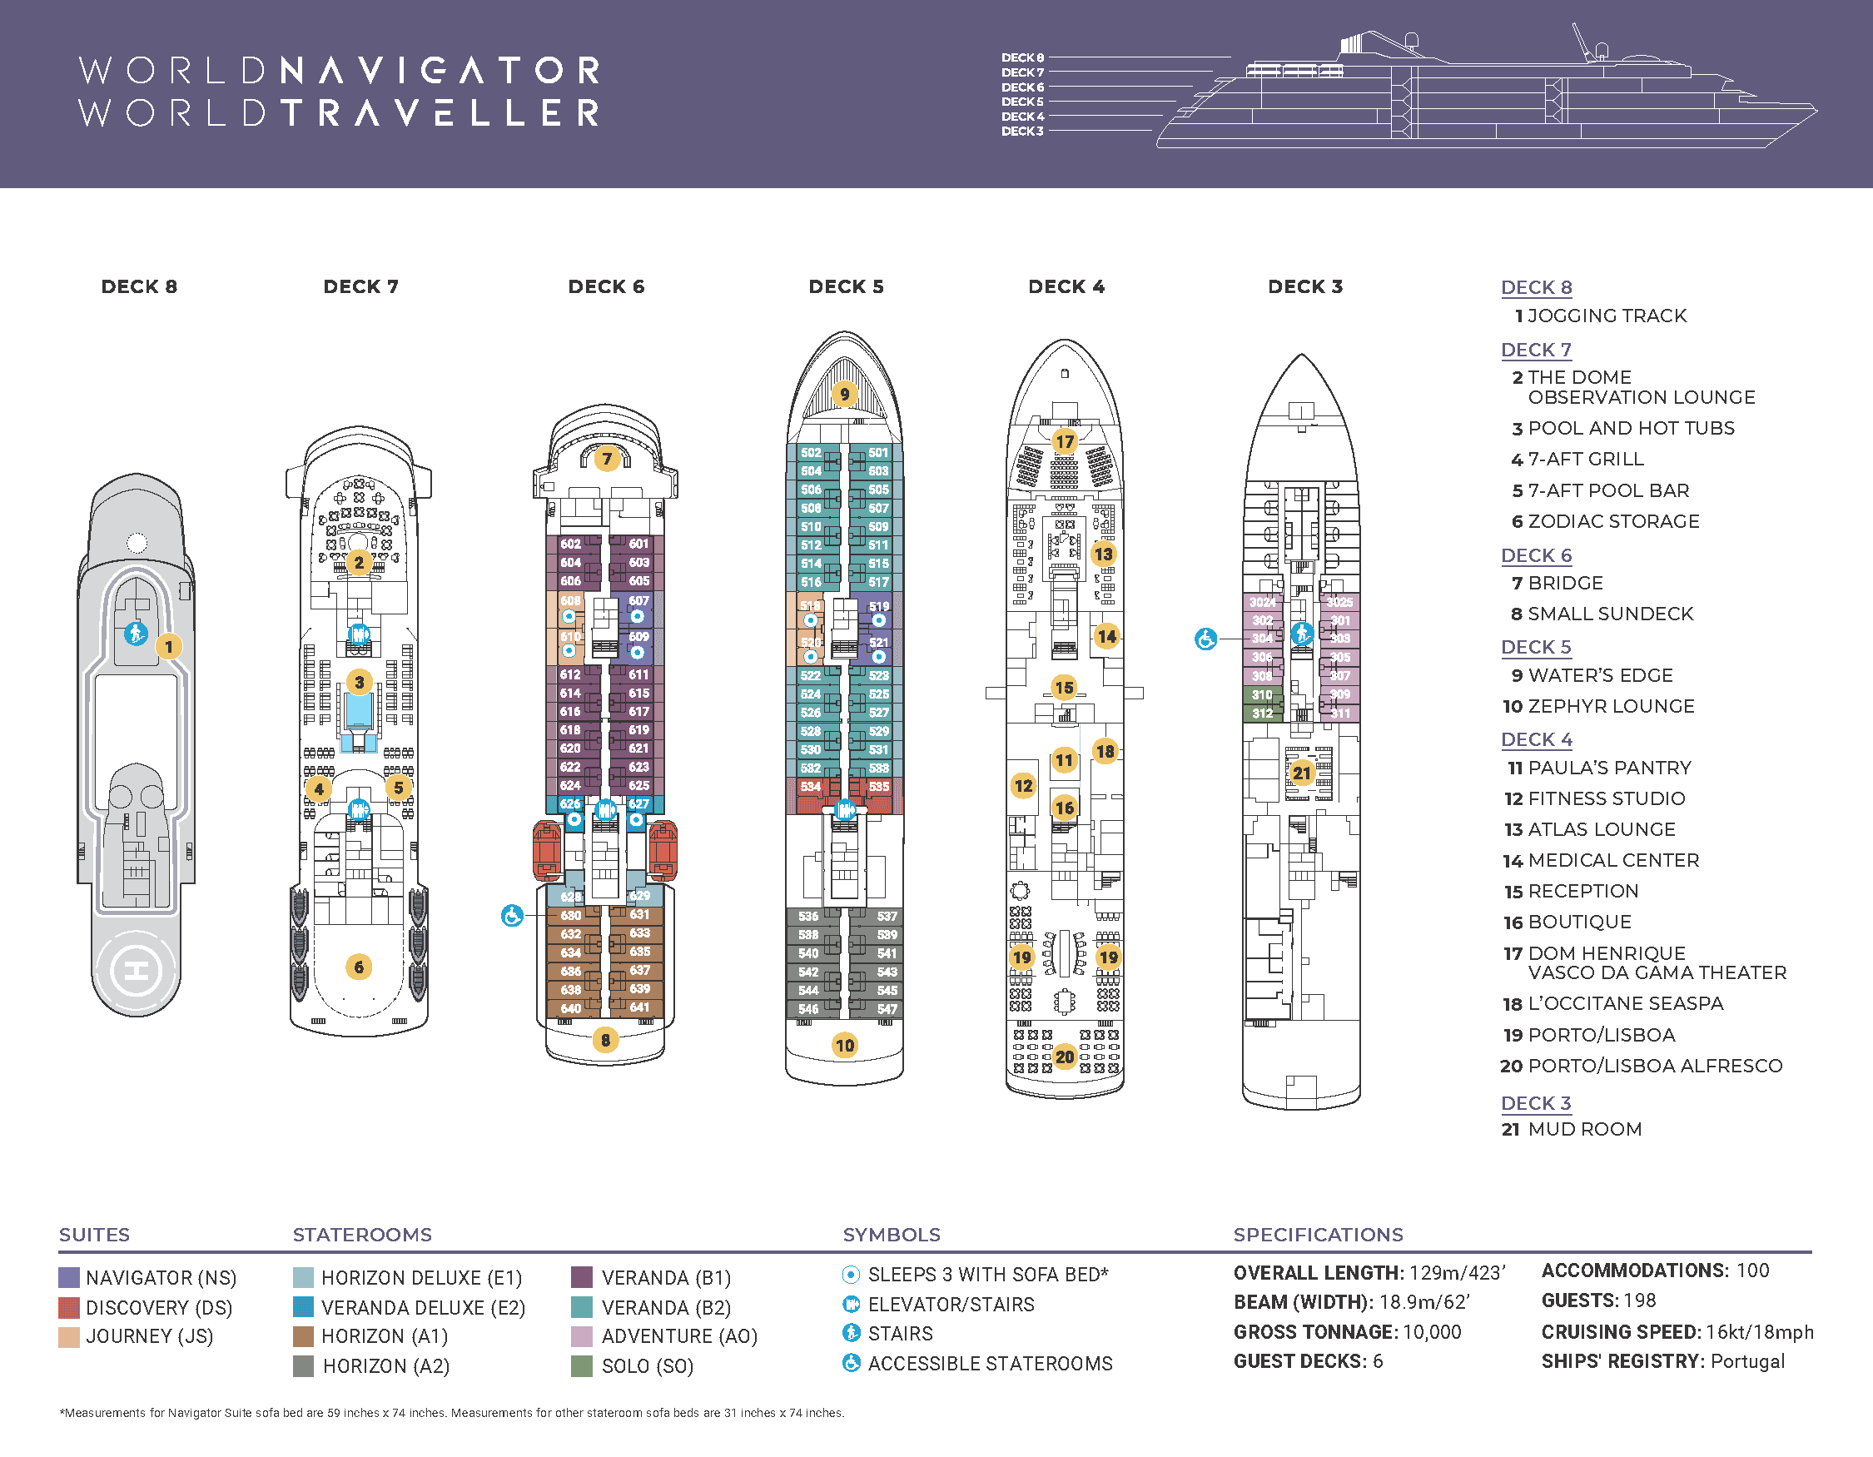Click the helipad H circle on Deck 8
(137, 971)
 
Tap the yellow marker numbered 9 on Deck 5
(845, 394)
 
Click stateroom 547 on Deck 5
(887, 1009)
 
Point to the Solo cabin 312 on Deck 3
(1262, 713)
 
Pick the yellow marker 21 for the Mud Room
(1302, 773)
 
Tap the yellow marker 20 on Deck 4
(1065, 1057)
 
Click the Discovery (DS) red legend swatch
(68, 1307)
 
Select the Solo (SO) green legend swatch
(581, 1365)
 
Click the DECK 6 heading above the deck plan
(605, 286)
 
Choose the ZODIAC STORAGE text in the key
(1613, 521)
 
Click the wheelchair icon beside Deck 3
(1205, 639)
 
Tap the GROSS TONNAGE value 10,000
(1432, 1332)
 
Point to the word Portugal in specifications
(1747, 1361)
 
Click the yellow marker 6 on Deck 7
(359, 967)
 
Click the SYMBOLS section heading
(891, 1234)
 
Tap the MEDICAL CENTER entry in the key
(1613, 860)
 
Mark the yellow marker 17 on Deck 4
(1065, 441)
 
